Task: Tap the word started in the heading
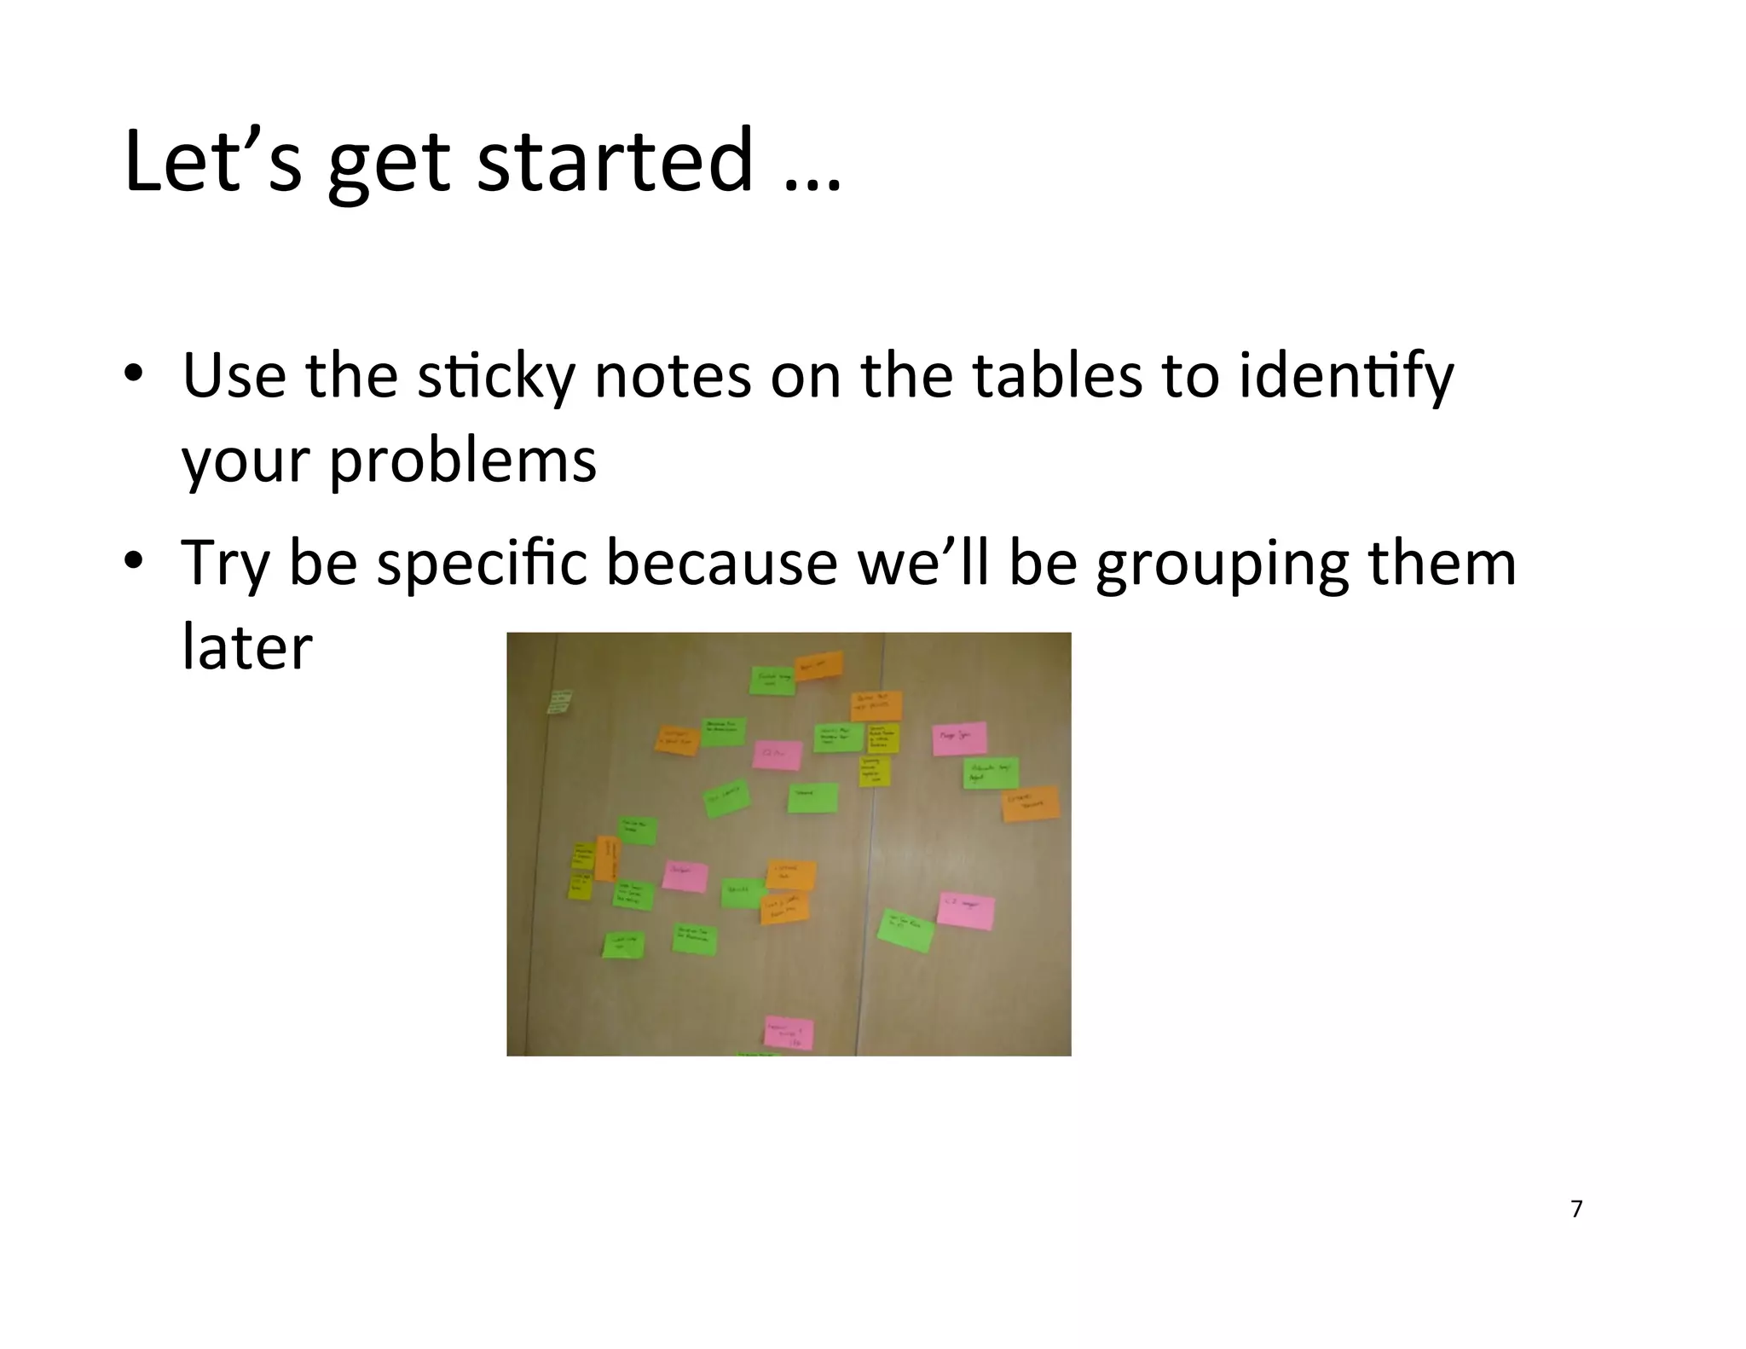(615, 161)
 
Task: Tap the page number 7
(1576, 1209)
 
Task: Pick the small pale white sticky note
(559, 702)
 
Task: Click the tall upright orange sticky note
(607, 858)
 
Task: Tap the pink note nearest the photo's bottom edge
(789, 1033)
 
